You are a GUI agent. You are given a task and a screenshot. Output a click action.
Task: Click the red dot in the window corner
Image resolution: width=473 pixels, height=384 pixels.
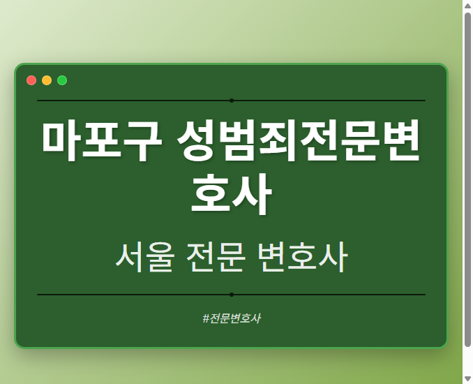31,80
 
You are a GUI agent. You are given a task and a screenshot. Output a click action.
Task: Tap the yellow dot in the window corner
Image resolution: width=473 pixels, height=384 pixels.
47,80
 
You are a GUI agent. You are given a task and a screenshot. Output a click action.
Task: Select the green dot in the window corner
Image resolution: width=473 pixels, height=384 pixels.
62,80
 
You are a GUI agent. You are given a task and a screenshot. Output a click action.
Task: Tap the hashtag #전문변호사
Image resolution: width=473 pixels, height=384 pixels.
231,318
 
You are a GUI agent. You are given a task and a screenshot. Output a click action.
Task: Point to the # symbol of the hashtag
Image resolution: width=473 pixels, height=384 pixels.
206,318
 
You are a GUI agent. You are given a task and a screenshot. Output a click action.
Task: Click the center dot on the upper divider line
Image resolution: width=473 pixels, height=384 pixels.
232,101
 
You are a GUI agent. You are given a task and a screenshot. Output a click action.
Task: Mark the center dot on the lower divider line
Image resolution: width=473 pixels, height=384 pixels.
232,295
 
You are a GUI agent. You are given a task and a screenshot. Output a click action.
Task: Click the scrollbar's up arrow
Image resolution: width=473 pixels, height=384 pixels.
467,6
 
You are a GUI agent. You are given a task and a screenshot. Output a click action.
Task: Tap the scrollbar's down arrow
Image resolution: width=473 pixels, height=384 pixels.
467,378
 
